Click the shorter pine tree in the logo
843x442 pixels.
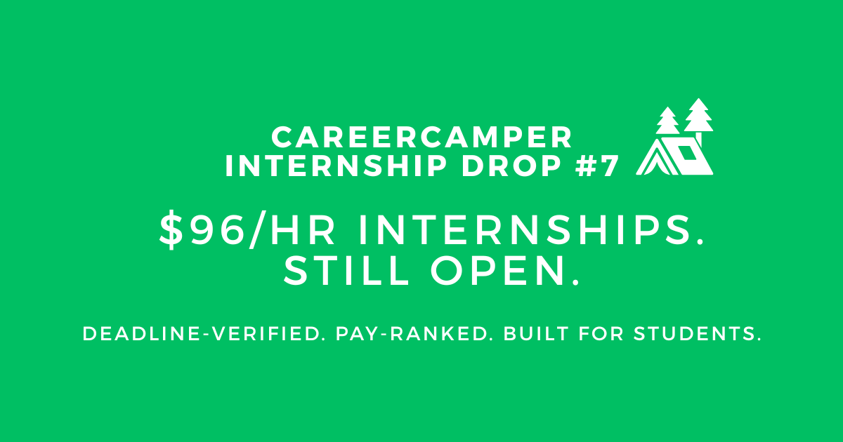[667, 122]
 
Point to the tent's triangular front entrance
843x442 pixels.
[653, 161]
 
